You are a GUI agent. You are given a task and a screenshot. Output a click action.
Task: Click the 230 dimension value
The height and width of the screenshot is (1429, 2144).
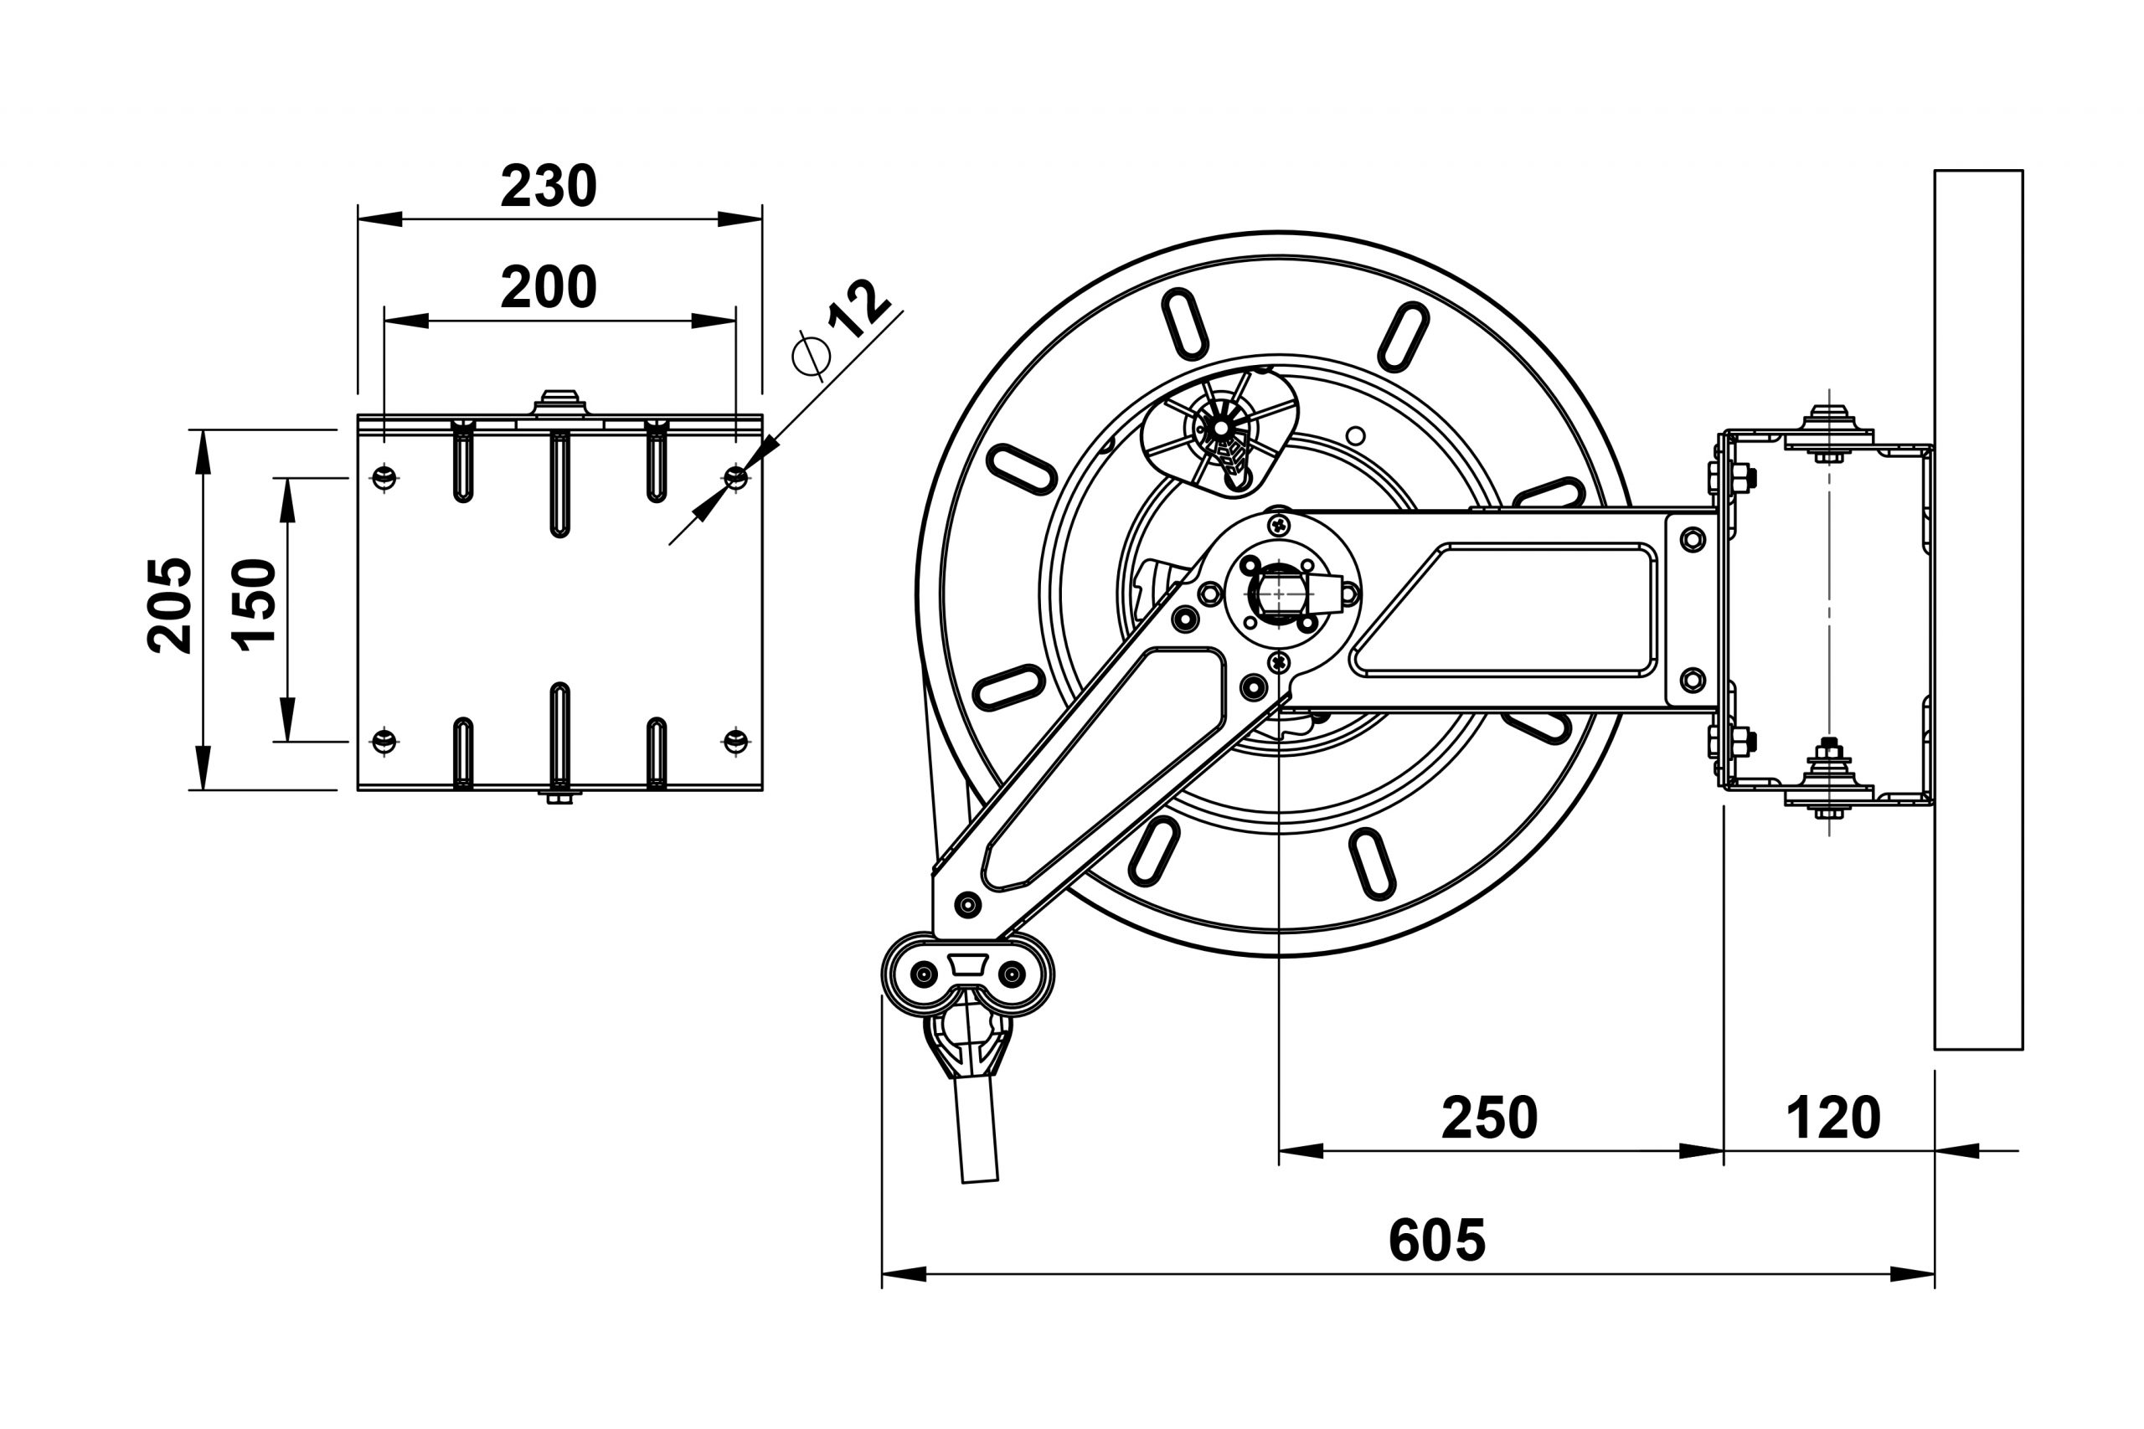point(548,187)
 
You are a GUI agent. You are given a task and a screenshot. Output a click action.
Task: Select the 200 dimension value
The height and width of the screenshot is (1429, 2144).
point(548,288)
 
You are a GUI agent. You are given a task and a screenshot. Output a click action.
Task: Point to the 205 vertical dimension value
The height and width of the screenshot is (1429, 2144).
point(171,605)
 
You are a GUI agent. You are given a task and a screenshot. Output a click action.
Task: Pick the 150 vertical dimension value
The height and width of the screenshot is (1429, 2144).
point(255,605)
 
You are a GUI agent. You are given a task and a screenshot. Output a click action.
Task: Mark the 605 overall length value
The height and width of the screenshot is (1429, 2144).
point(1436,1241)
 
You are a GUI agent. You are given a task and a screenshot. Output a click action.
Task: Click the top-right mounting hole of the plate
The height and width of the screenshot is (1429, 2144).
point(735,476)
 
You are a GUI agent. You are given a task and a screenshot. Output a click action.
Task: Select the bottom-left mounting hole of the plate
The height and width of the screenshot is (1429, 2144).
point(384,741)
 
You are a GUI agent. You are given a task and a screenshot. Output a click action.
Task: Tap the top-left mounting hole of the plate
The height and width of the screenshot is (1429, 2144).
point(384,476)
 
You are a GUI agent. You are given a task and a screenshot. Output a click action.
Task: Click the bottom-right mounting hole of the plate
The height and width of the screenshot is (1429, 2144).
point(735,741)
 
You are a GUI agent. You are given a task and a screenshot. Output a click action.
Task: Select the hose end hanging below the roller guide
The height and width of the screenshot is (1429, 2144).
point(977,1130)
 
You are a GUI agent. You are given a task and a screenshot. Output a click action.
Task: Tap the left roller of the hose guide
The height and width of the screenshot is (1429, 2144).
point(924,974)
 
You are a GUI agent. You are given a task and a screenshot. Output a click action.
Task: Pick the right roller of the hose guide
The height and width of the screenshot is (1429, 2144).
point(1012,974)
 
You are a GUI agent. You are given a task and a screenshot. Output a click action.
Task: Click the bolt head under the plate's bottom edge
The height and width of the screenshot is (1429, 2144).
point(559,799)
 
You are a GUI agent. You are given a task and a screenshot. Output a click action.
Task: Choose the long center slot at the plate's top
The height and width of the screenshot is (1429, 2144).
point(559,483)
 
